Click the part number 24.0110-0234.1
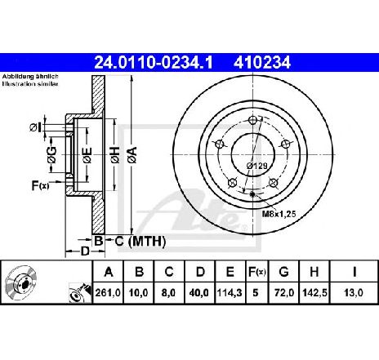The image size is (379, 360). point(154,63)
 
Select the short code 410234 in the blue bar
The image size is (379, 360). point(262,63)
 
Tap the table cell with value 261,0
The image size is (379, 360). point(108,293)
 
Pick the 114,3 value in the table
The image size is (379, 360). point(230,293)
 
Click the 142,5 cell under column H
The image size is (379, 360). point(314,293)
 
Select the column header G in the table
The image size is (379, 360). point(283,272)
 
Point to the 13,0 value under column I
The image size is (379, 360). point(354,293)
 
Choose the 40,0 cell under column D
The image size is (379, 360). point(200,293)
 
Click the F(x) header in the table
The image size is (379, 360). point(256,272)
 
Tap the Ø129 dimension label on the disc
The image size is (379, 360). point(257,166)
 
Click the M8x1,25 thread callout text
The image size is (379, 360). point(279,214)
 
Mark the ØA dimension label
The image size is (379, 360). point(133,155)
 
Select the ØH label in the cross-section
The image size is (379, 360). point(115,155)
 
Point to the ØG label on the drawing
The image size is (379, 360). point(52,155)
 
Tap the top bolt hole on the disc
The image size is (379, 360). point(253,120)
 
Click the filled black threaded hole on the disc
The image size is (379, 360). point(252,194)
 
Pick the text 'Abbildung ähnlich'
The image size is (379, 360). point(30,77)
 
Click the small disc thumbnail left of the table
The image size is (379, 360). point(20,282)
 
